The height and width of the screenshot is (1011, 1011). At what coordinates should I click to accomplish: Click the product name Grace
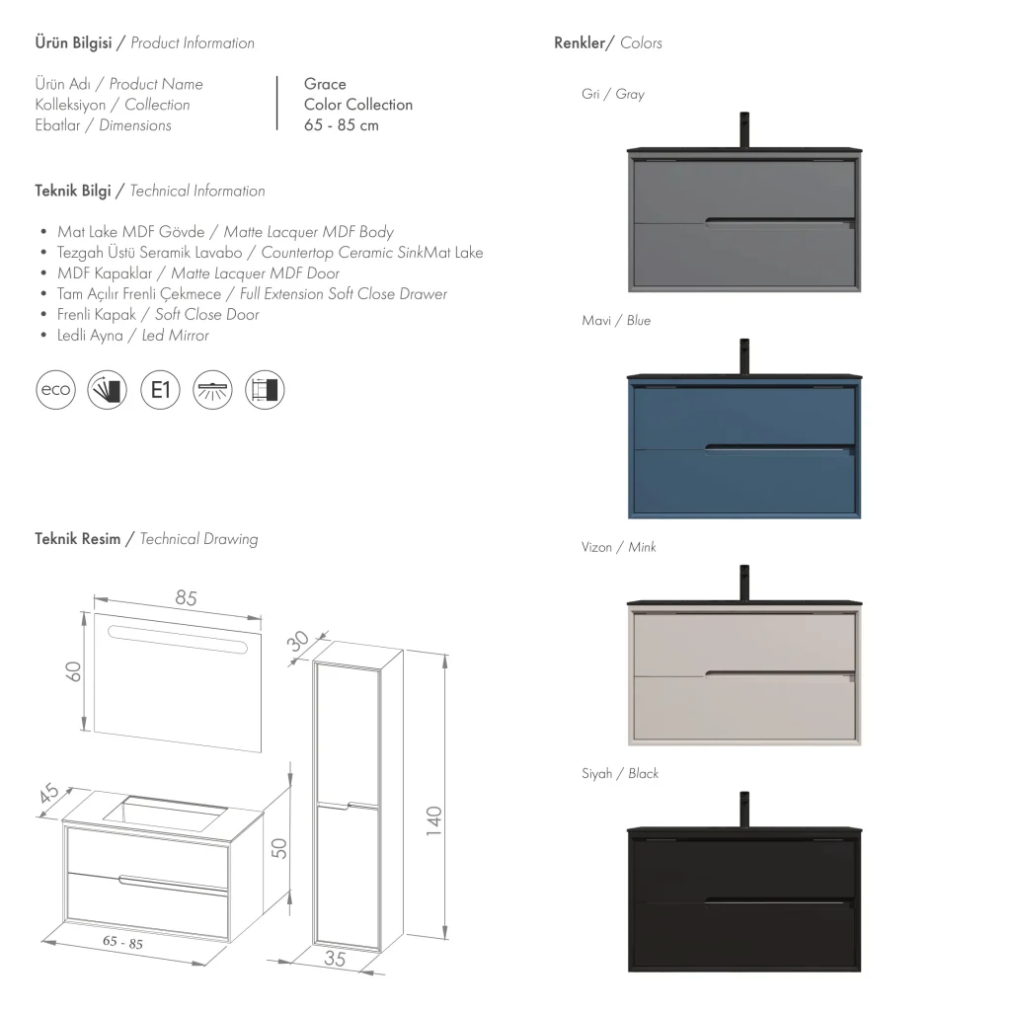pos(325,84)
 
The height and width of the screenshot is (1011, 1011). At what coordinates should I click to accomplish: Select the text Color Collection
pos(358,105)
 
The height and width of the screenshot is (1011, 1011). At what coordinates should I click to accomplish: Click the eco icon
pos(54,389)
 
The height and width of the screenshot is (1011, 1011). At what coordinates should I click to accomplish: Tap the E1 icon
pos(160,389)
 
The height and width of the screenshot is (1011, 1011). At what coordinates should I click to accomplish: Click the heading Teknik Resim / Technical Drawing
pos(146,539)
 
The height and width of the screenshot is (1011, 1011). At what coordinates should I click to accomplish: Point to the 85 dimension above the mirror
pos(186,598)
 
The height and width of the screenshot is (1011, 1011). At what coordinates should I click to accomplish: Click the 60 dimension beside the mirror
pos(72,670)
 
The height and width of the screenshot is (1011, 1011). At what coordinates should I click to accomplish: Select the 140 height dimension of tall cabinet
pos(434,819)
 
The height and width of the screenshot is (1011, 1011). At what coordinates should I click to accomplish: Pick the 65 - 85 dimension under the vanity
pos(122,943)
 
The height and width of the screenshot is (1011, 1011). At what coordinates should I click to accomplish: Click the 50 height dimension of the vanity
pos(279,847)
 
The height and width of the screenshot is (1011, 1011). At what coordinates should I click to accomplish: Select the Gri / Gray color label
pos(612,95)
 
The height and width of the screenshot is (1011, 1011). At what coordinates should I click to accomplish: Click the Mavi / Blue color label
pos(616,321)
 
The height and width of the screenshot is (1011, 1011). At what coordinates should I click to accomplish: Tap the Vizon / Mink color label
pos(618,547)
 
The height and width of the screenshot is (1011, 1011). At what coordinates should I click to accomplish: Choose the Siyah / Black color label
pos(619,773)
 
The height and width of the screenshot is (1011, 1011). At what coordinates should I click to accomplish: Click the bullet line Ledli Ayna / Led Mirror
pos(133,336)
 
